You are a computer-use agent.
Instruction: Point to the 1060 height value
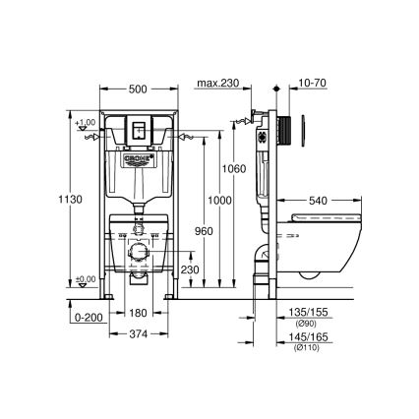tap(233, 169)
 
